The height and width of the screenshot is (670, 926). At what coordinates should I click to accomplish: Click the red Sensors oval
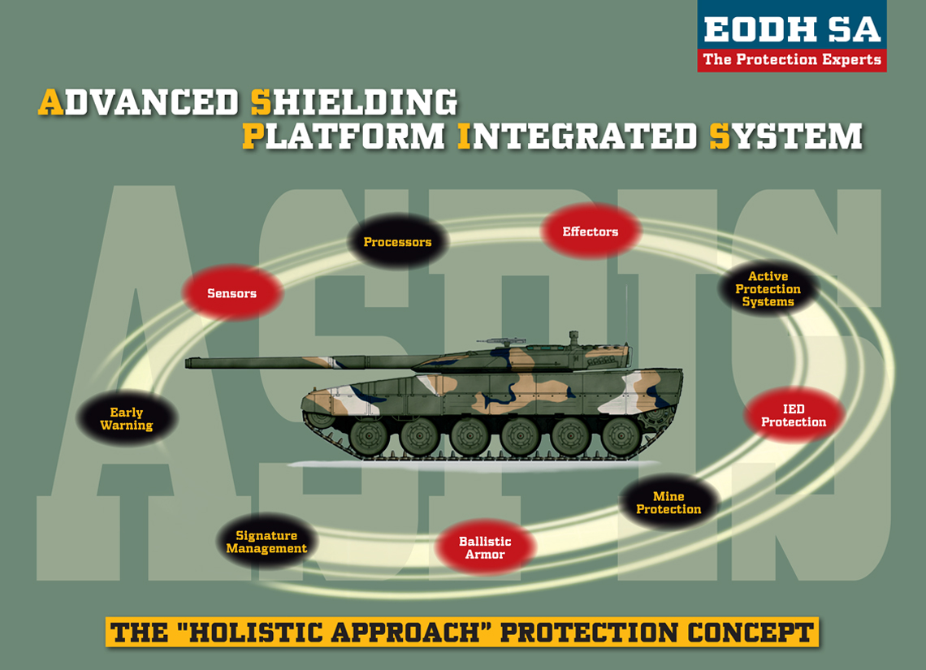tap(232, 293)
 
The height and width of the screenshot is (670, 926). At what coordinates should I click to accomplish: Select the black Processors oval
tap(397, 242)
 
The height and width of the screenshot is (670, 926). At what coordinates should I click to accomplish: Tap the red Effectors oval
tap(591, 231)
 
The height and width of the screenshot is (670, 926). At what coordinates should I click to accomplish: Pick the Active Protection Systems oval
tap(768, 289)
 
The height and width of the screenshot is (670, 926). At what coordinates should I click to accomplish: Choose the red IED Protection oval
tap(793, 416)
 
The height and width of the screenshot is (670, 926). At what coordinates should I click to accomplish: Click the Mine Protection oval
tap(669, 503)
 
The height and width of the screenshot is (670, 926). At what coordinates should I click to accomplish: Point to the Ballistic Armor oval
tap(485, 547)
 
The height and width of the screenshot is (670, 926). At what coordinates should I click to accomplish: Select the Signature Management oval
tap(266, 542)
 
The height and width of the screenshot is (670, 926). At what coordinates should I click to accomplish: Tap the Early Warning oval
tap(127, 419)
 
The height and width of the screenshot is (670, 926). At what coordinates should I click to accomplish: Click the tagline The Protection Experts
tap(791, 59)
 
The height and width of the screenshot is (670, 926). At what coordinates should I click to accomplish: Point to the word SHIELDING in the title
tap(354, 103)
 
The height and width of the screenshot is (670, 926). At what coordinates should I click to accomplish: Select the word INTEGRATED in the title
tap(577, 136)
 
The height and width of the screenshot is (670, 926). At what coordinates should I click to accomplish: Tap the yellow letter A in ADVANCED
tap(50, 103)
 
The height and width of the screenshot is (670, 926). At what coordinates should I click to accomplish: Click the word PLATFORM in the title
tap(344, 136)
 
